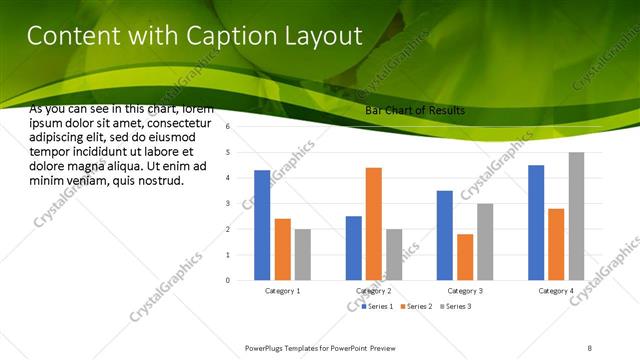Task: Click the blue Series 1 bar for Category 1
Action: pyautogui.click(x=262, y=225)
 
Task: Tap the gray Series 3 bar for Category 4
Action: pyautogui.click(x=576, y=216)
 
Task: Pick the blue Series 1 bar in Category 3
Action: pyautogui.click(x=445, y=235)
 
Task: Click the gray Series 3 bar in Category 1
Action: pyautogui.click(x=302, y=254)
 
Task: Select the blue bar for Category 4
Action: pyautogui.click(x=536, y=222)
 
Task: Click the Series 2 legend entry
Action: pyautogui.click(x=416, y=305)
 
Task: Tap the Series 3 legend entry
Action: pyautogui.click(x=456, y=305)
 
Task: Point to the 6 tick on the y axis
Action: pyautogui.click(x=229, y=127)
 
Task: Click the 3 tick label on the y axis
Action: pyautogui.click(x=229, y=204)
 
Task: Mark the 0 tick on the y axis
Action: pyautogui.click(x=229, y=280)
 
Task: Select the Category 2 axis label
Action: pyautogui.click(x=373, y=291)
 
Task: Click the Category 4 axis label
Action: pyautogui.click(x=556, y=291)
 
